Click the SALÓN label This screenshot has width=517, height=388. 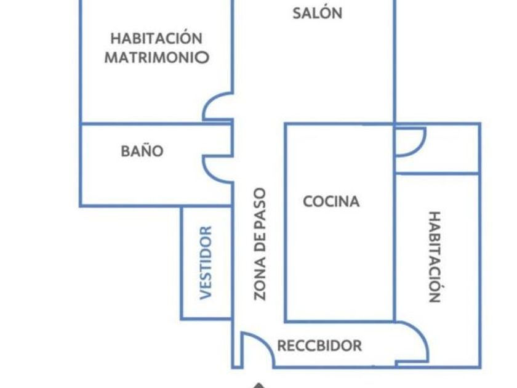click(x=317, y=14)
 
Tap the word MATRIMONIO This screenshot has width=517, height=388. click(x=156, y=58)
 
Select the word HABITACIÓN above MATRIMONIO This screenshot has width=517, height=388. click(x=156, y=38)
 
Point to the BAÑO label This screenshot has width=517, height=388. click(x=143, y=151)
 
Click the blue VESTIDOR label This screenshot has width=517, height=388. click(x=207, y=262)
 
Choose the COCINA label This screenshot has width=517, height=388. click(x=331, y=201)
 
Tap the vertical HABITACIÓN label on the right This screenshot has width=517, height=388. click(x=435, y=257)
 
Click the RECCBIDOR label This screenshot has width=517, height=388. click(x=319, y=346)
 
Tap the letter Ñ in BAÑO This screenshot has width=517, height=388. click(x=143, y=150)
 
